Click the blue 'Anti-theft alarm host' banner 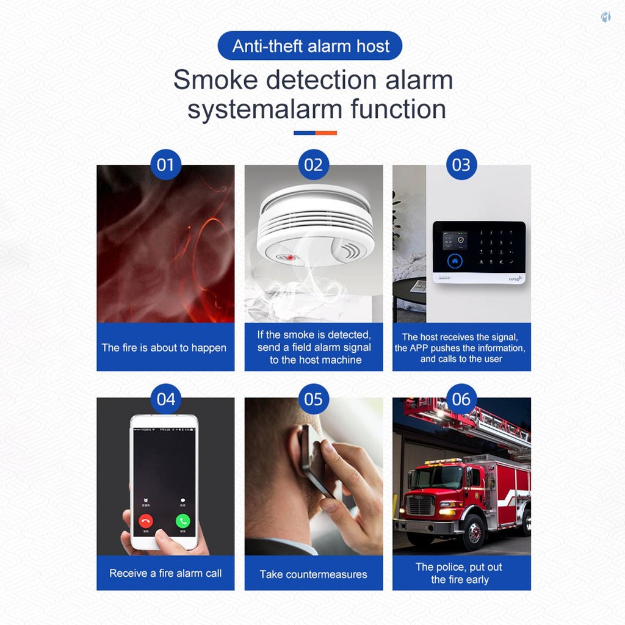[309, 45]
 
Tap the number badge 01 [166, 165]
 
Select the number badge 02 [314, 165]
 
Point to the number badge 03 [461, 165]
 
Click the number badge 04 [166, 399]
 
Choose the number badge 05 [314, 399]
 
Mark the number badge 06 [461, 399]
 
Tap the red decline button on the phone [145, 521]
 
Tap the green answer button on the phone [183, 521]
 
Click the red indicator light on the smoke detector [291, 258]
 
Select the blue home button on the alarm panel [455, 261]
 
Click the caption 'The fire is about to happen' [164, 347]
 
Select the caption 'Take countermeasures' [313, 574]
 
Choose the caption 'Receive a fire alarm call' [165, 573]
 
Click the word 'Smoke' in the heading [215, 80]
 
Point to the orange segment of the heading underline [326, 133]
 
